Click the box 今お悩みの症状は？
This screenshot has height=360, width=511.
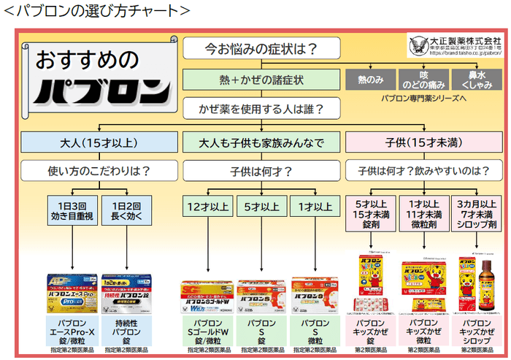click(261, 50)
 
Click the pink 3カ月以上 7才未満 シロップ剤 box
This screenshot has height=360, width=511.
click(476, 212)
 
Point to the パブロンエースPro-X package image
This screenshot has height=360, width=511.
click(72, 291)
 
